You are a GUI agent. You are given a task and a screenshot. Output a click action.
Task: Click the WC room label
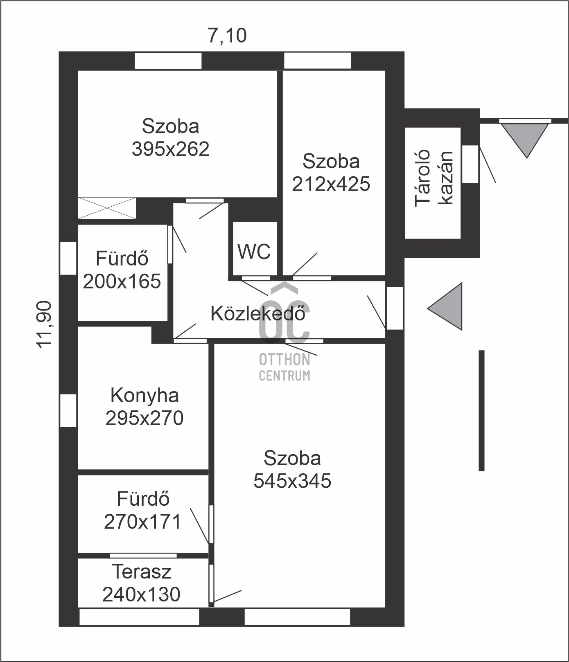pyautogui.click(x=254, y=251)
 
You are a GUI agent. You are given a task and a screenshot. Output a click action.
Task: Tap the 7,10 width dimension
pyautogui.click(x=227, y=35)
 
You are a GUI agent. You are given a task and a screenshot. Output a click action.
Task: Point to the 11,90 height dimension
pyautogui.click(x=44, y=324)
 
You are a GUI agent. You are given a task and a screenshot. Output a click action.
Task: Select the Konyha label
pyautogui.click(x=145, y=396)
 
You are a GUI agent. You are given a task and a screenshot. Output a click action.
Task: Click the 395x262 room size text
pyautogui.click(x=170, y=149)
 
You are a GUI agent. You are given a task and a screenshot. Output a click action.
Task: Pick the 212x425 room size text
pyautogui.click(x=331, y=184)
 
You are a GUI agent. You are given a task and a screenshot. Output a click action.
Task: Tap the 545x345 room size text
pyautogui.click(x=292, y=481)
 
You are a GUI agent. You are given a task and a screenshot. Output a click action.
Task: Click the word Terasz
pyautogui.click(x=142, y=572)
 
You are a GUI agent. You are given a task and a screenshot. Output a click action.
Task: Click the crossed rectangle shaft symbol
pyautogui.click(x=107, y=208)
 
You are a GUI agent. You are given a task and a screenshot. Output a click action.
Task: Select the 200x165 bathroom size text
pyautogui.click(x=122, y=281)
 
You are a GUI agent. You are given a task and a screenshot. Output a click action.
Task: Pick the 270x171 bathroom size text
pyautogui.click(x=142, y=522)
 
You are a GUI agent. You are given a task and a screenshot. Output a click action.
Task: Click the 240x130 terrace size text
pyautogui.click(x=141, y=594)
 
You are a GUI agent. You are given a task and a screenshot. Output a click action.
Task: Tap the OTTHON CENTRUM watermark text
pyautogui.click(x=284, y=367)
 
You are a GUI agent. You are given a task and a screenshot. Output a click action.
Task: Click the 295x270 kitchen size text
pyautogui.click(x=145, y=418)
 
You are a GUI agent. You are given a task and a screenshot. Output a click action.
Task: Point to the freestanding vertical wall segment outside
pyautogui.click(x=481, y=410)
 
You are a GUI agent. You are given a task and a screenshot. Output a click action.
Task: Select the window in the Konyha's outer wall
pyautogui.click(x=68, y=410)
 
